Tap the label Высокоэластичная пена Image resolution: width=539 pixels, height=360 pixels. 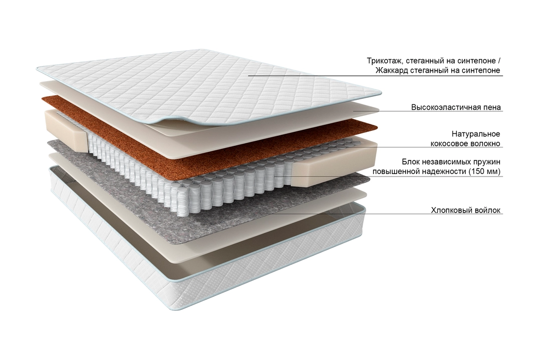(456, 107)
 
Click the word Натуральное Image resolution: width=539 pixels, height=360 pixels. (476, 133)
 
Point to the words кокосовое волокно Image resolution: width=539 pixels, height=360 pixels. (465, 143)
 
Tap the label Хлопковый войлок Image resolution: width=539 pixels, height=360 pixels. (466, 210)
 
